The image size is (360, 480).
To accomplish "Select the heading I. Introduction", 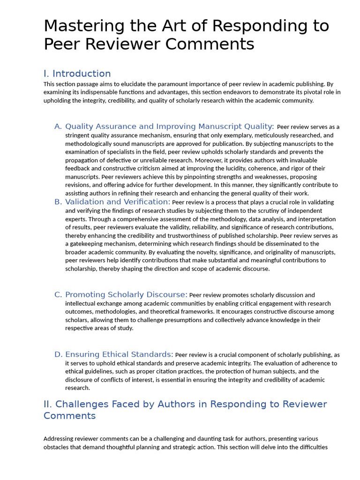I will tap(77, 74).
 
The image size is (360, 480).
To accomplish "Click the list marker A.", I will tap(58, 127).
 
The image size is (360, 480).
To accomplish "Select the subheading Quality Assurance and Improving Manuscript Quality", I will tap(169, 127).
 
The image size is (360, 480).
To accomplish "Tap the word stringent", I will tap(78, 135).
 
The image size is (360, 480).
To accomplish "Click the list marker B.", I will tap(58, 202).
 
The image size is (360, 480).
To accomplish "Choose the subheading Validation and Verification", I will tap(118, 202).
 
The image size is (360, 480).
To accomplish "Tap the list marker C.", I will tap(58, 295).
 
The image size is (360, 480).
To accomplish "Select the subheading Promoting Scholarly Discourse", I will tap(126, 295).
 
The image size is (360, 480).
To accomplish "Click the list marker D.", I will tap(58, 354).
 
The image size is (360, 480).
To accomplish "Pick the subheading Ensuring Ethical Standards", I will tap(119, 354).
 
